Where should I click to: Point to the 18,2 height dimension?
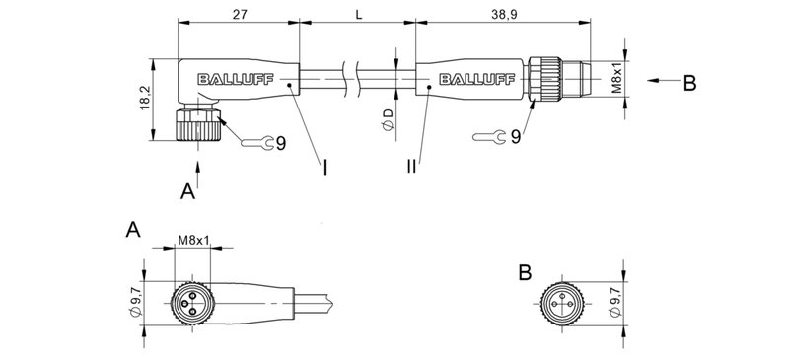pos(145,97)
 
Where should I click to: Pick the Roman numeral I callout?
pos(324,167)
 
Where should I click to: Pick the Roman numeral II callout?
pos(411,167)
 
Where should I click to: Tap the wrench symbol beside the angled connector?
pos(253,144)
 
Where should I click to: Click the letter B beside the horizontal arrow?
pos(689,83)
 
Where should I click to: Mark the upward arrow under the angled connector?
pos(200,173)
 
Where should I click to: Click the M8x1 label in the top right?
pos(617,79)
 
